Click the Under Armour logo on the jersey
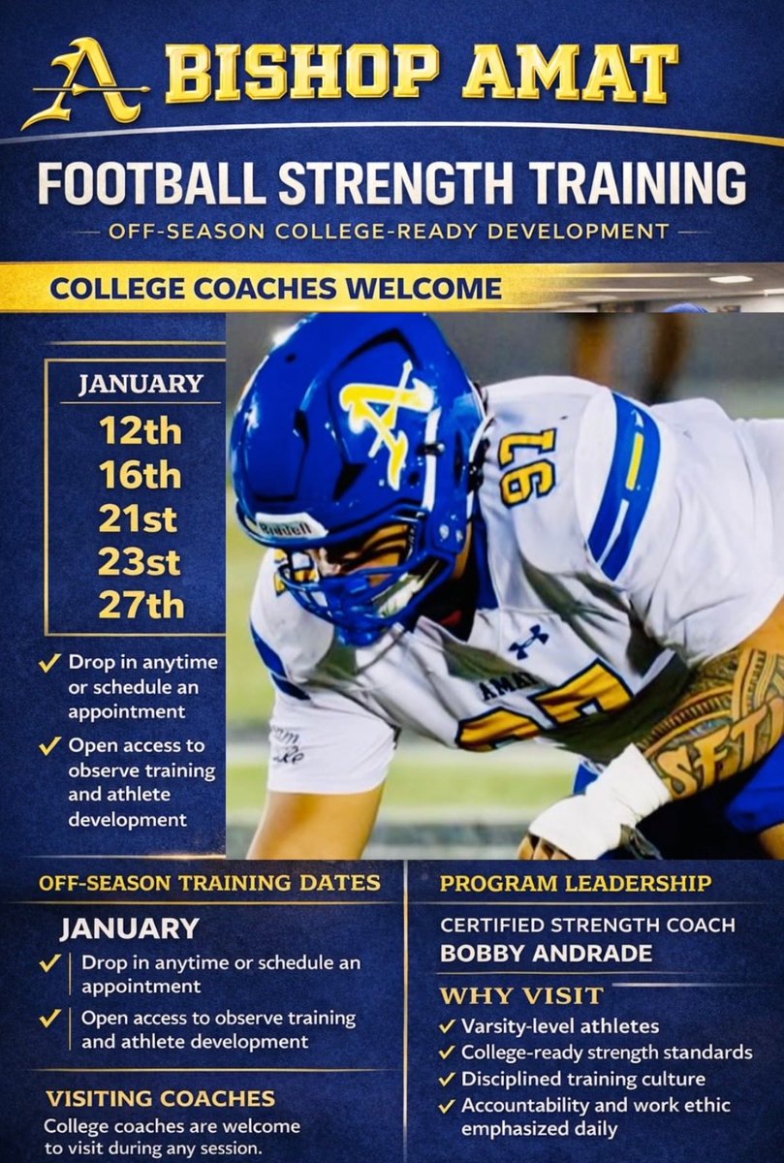pos(528,640)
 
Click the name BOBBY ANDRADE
pos(546,954)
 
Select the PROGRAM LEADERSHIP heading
pos(576,884)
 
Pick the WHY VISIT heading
pos(521,995)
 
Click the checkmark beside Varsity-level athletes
pos(447,1026)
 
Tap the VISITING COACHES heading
pos(161,1098)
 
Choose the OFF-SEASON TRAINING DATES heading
pos(209,884)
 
